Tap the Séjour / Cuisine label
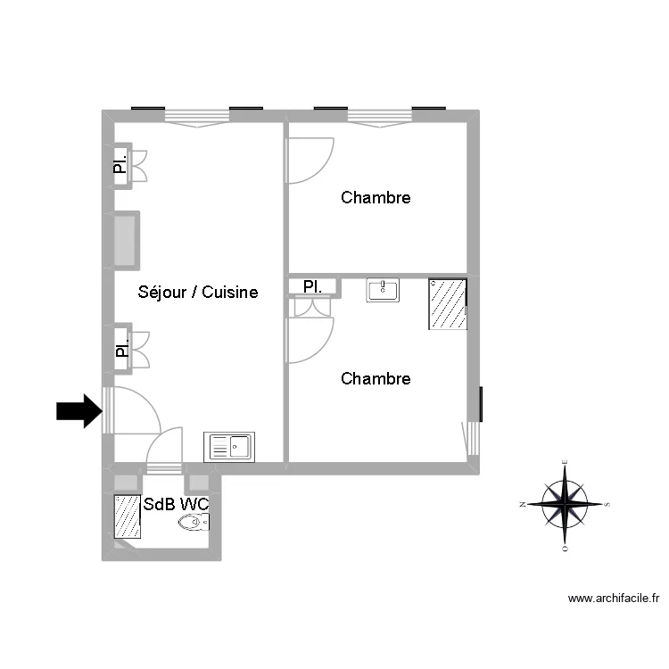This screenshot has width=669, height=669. [198, 292]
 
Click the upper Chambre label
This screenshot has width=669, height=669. [376, 197]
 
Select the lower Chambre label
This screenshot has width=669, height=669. [376, 379]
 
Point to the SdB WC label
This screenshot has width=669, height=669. [176, 504]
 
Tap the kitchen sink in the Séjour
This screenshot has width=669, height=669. [230, 446]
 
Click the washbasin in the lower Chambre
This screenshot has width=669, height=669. [383, 290]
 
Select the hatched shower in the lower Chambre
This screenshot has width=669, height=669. [448, 304]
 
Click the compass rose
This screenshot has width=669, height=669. [566, 504]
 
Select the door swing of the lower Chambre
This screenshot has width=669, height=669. [309, 340]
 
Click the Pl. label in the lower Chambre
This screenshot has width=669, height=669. [312, 286]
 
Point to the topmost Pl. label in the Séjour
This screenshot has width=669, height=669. [120, 165]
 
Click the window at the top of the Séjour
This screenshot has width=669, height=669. [197, 115]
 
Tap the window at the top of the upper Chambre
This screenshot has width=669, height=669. [379, 115]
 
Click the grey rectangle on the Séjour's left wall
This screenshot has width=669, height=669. [126, 240]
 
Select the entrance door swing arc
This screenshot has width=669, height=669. [134, 410]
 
